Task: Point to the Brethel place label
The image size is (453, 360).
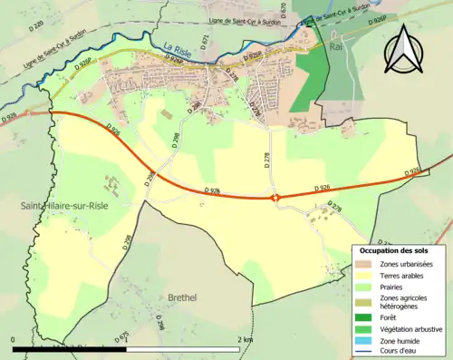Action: click(187, 297)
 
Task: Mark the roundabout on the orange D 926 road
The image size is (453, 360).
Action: click(276, 197)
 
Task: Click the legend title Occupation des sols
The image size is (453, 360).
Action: click(394, 250)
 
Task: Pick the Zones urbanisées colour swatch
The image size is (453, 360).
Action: click(366, 264)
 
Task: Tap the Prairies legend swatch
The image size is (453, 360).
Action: click(366, 287)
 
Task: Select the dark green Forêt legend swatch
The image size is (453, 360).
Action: click(366, 316)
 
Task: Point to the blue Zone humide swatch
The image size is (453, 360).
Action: click(366, 340)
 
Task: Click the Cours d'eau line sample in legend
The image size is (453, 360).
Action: click(366, 352)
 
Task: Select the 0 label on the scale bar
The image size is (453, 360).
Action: click(14, 339)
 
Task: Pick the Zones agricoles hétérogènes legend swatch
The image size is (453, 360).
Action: click(366, 302)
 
